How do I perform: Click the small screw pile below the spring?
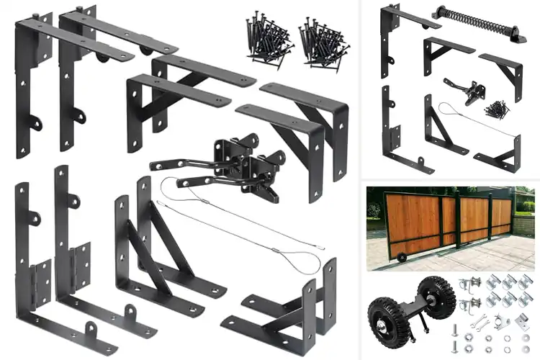point(496,109)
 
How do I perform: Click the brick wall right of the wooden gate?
point(525,216)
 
